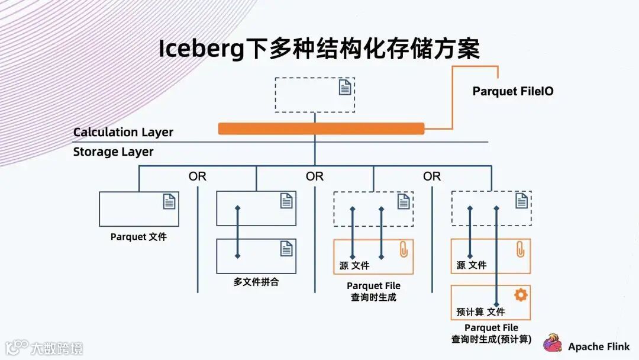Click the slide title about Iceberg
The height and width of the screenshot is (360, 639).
pos(319,49)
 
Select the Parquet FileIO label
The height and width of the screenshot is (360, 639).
pos(513,92)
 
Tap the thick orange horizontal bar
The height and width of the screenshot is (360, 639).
pos(321,128)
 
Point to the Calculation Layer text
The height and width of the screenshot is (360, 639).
pos(123,132)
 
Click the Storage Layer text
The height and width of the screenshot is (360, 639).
pos(113,152)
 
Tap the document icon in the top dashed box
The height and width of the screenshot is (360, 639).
pos(345,88)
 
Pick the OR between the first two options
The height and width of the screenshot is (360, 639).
pos(198,176)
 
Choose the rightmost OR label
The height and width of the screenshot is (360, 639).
pos(432,176)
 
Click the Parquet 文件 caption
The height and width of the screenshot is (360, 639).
pos(138,237)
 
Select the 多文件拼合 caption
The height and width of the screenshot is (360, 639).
pos(256,282)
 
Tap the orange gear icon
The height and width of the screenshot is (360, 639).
pos(521,295)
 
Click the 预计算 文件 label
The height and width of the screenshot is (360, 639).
pos(481,311)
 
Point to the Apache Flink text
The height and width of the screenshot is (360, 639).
pos(599,347)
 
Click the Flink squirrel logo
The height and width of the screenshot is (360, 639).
pos(553,343)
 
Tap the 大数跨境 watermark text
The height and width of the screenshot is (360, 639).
pos(57,348)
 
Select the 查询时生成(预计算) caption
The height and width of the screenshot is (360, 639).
pos(491,340)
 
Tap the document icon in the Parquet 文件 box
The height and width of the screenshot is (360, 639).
pos(169,201)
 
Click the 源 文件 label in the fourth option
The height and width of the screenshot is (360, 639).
pos(471,265)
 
